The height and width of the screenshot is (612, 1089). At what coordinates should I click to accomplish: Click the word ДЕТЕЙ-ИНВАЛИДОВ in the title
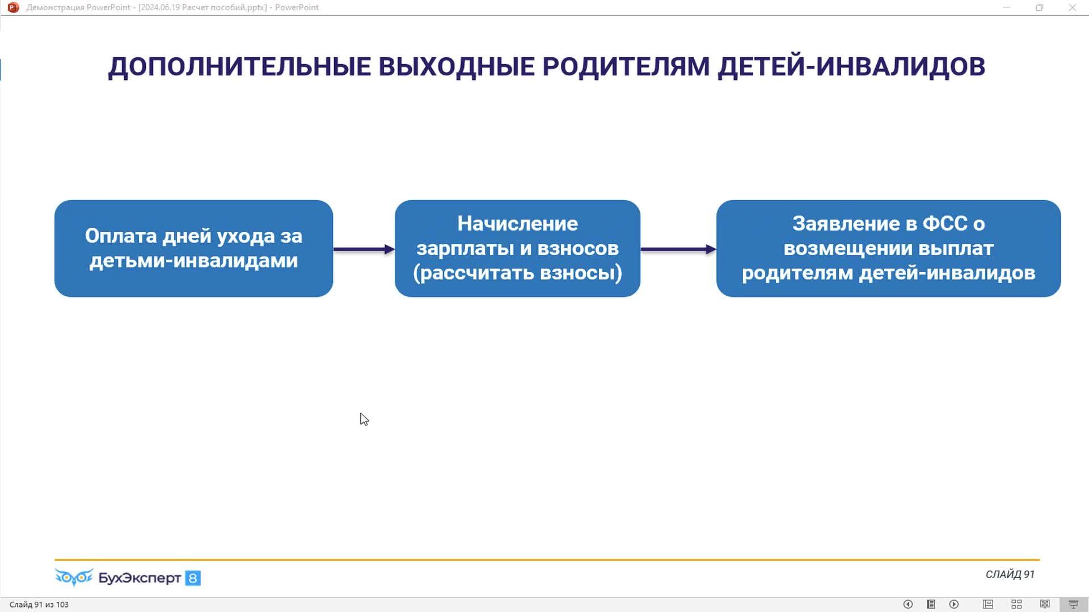pyautogui.click(x=851, y=67)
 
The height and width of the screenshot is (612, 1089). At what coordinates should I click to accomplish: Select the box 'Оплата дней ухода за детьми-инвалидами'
pyautogui.click(x=193, y=248)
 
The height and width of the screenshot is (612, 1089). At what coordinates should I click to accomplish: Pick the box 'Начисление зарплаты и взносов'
pyautogui.click(x=517, y=248)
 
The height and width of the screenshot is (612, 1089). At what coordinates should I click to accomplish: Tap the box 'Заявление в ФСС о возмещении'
pyautogui.click(x=888, y=248)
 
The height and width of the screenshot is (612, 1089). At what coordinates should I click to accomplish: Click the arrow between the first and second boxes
pyautogui.click(x=364, y=249)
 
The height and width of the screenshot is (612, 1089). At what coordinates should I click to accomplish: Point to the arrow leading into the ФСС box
pyautogui.click(x=678, y=249)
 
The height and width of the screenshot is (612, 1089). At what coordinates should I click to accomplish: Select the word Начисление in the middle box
pyautogui.click(x=517, y=224)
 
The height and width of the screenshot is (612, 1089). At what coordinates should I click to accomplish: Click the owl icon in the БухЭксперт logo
pyautogui.click(x=74, y=577)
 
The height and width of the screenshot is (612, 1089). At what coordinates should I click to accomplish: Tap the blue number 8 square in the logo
pyautogui.click(x=193, y=578)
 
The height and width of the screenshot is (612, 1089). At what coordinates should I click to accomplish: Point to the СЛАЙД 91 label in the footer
pyautogui.click(x=1010, y=575)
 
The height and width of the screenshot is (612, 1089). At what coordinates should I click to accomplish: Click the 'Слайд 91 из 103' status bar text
pyautogui.click(x=39, y=605)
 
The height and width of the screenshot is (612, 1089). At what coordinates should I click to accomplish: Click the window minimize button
pyautogui.click(x=1006, y=7)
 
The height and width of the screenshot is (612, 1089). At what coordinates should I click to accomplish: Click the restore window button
pyautogui.click(x=1039, y=7)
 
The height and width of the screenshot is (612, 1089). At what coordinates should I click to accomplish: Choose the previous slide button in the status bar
pyautogui.click(x=907, y=605)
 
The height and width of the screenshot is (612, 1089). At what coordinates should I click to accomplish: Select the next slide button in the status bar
pyautogui.click(x=954, y=605)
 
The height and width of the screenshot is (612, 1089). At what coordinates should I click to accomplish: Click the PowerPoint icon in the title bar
pyautogui.click(x=13, y=7)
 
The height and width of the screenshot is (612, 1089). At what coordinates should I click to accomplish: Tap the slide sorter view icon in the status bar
pyautogui.click(x=1016, y=605)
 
